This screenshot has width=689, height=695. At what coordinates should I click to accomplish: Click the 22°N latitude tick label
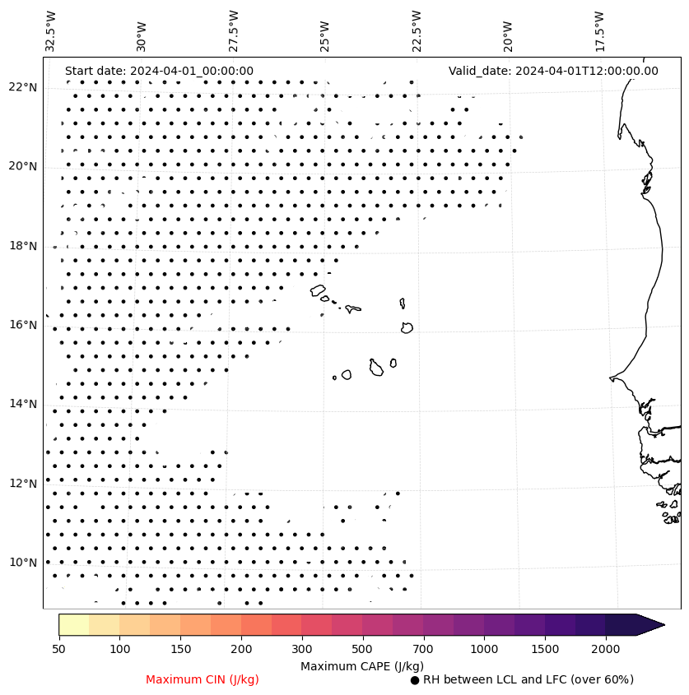tap(23, 87)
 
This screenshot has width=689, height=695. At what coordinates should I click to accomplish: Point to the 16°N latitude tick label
tap(23, 325)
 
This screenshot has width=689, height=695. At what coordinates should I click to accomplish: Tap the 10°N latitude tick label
tap(23, 563)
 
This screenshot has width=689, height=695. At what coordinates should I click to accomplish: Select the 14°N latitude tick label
tap(23, 404)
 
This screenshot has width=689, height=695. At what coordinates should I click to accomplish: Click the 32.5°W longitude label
tap(51, 30)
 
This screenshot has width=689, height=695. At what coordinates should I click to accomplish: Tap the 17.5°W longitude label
tap(599, 30)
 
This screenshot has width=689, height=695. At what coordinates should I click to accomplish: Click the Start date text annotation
tap(159, 71)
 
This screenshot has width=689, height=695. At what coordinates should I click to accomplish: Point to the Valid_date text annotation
tap(553, 71)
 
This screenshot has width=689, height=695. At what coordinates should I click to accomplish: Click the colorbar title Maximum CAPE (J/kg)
tap(362, 665)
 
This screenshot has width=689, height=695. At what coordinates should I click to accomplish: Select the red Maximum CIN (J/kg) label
tap(203, 679)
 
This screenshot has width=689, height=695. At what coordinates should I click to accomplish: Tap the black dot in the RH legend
tap(415, 680)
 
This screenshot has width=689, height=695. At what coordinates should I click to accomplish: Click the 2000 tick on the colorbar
tap(606, 650)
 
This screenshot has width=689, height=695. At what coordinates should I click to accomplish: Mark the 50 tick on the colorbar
tap(58, 650)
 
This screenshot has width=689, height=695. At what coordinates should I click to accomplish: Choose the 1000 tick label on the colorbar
tap(484, 650)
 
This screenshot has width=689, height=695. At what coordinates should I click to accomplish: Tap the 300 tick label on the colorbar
tap(302, 650)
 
